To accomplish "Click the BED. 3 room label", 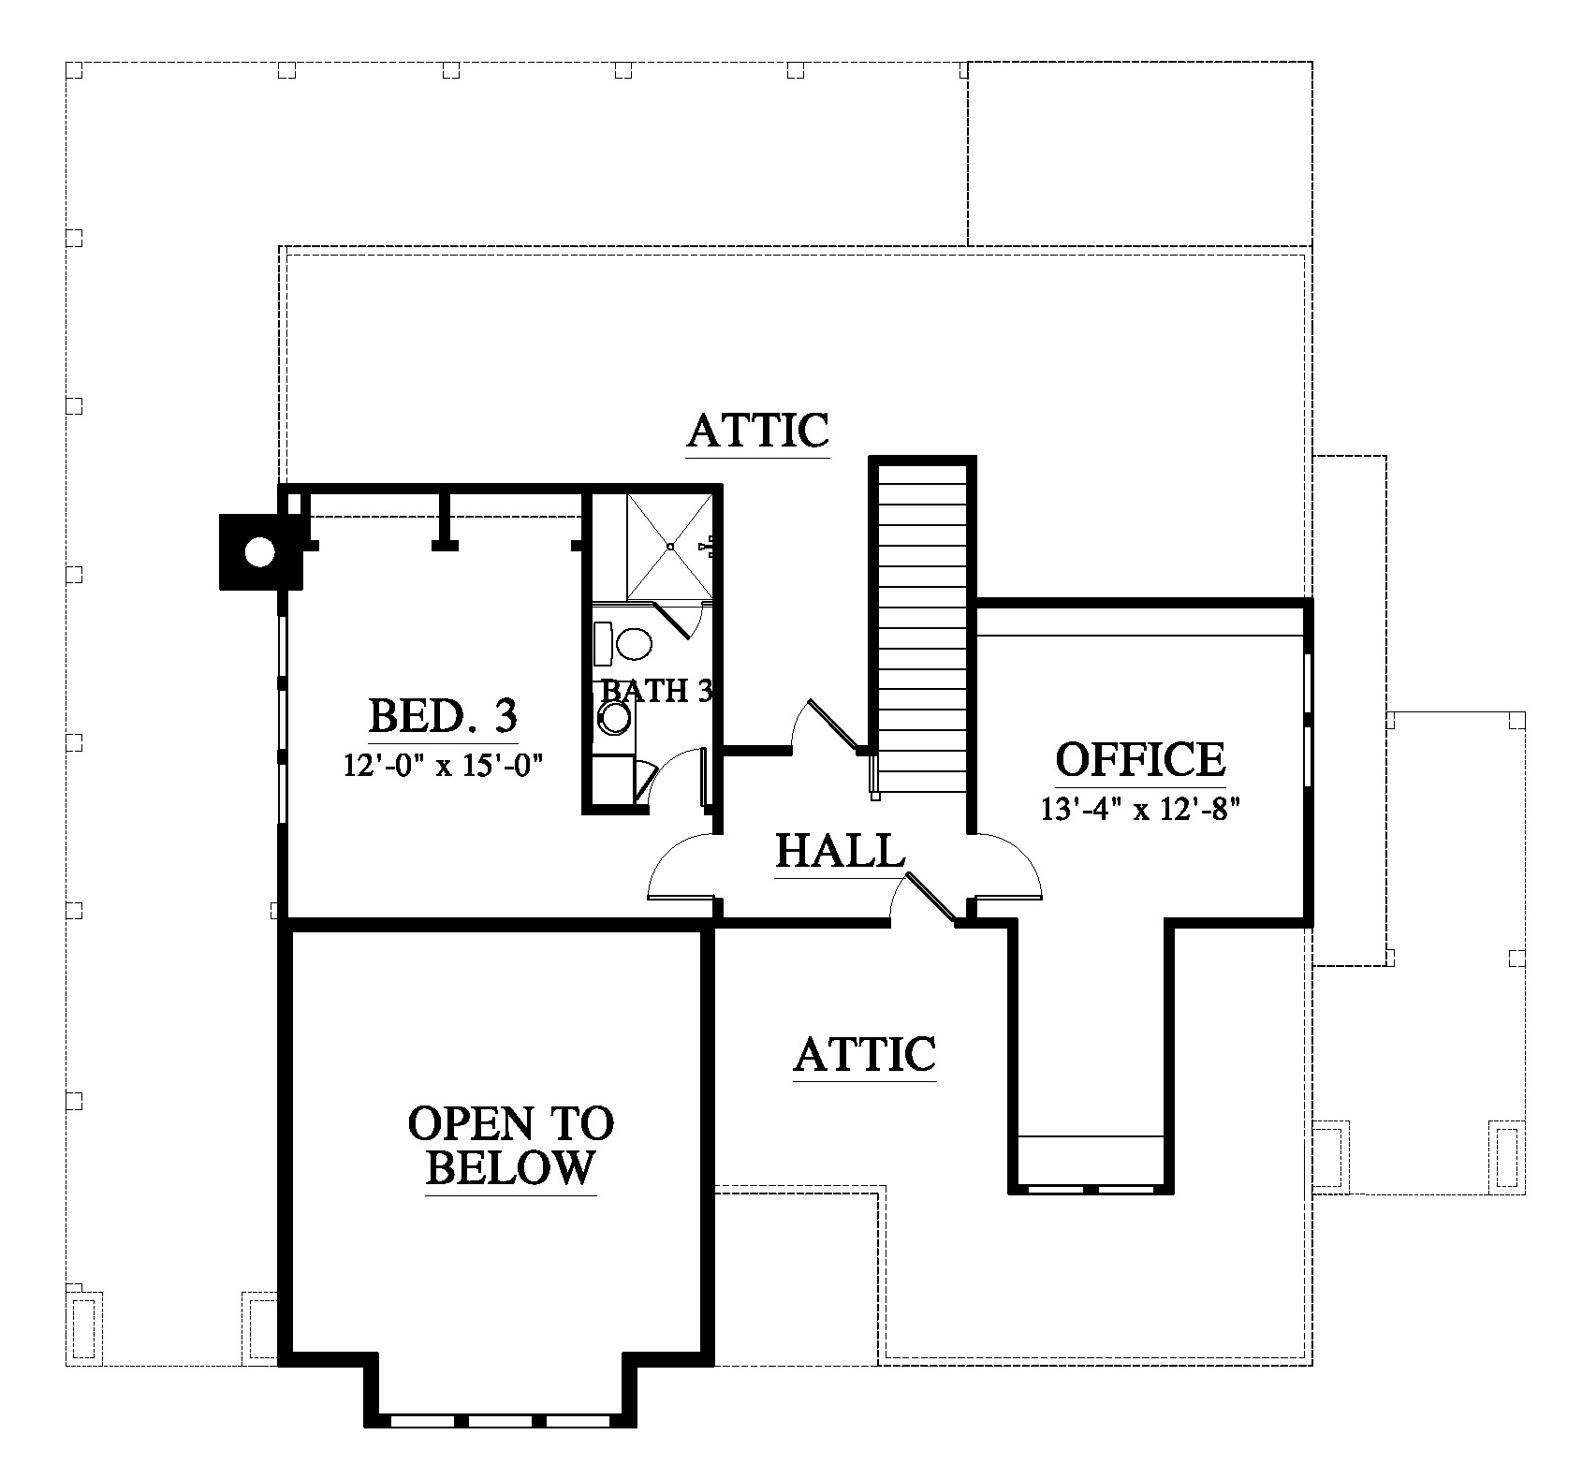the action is coord(443,717).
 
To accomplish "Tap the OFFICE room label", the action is coord(1140,759).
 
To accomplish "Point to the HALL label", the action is coord(841,851).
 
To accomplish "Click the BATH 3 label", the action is coord(657,691).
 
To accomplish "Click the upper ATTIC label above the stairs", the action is coord(758,431).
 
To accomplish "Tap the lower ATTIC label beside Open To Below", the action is coord(865,1054).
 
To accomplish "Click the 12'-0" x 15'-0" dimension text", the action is coord(444,766).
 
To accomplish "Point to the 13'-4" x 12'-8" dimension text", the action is coord(1140,808).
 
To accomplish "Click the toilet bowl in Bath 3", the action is coord(634,643).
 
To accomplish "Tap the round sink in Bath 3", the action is coord(615,717).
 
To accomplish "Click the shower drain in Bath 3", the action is coord(670,546).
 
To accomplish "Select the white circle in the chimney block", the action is coord(259,552).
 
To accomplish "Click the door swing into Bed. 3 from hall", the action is coord(682,867).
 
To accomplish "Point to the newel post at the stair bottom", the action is coord(874,777).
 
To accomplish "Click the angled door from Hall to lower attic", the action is coord(930,897).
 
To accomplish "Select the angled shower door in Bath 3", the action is coord(673,621).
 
